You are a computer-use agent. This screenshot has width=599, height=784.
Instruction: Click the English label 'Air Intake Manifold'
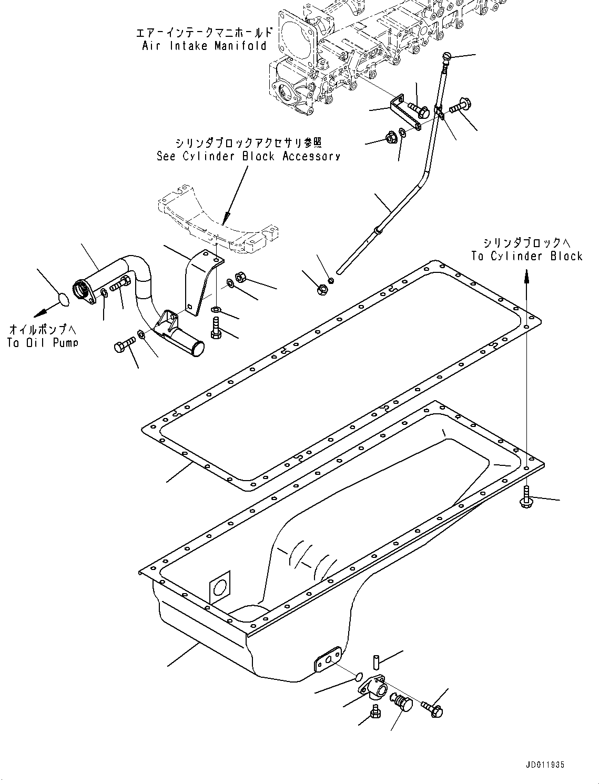(x=205, y=46)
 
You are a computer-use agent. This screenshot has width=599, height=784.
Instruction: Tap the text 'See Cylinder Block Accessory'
(x=248, y=156)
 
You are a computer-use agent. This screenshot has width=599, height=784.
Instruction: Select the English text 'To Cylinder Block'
(x=527, y=256)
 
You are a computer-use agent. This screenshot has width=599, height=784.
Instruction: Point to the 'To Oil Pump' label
(x=43, y=343)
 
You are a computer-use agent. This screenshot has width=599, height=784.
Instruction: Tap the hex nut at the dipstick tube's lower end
(x=322, y=289)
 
